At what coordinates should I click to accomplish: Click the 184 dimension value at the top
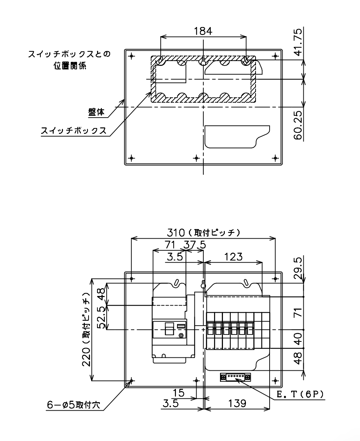203,31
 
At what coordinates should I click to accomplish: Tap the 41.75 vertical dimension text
298,41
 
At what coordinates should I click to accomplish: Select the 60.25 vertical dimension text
298,125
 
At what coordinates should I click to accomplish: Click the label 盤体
97,112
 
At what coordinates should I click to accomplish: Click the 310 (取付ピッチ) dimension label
203,233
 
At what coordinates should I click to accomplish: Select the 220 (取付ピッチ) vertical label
86,329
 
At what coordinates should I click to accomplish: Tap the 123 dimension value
233,256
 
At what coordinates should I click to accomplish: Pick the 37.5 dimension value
195,245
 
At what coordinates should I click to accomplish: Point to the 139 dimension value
237,403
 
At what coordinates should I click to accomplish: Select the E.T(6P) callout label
300,394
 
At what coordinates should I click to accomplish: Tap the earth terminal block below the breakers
235,377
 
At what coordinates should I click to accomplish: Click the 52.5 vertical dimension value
102,317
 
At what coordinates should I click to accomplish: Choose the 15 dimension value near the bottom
178,393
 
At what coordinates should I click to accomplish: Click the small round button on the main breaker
181,335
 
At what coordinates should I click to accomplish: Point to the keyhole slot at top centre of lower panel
203,285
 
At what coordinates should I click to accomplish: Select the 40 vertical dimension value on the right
298,339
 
